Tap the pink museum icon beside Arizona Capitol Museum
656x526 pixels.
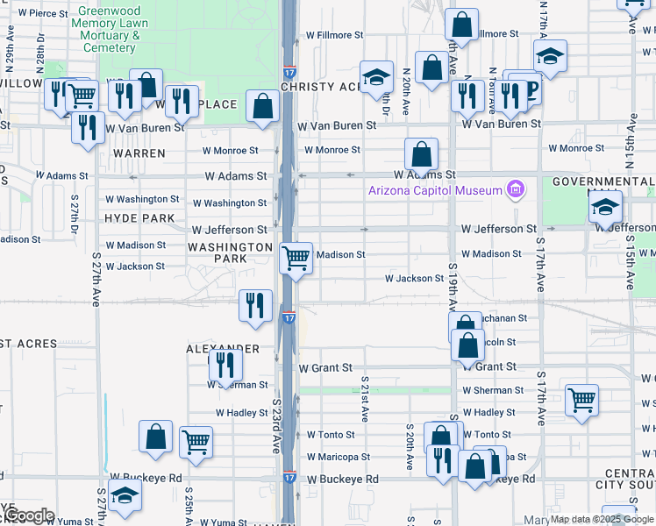pyautogui.click(x=516, y=190)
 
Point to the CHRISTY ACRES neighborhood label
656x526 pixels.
pyautogui.click(x=321, y=87)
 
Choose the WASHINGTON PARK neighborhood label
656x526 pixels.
pyautogui.click(x=230, y=253)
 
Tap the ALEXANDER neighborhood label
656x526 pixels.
pyautogui.click(x=223, y=349)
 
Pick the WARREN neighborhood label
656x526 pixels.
pyautogui.click(x=139, y=153)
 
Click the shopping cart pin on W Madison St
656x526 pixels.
pyautogui.click(x=296, y=258)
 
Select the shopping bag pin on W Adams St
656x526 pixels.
pyautogui.click(x=422, y=154)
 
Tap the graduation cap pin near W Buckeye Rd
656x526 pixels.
pyautogui.click(x=125, y=495)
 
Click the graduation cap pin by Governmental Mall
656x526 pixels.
pyautogui.click(x=605, y=207)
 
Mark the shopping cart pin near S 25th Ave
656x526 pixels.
pyautogui.click(x=196, y=442)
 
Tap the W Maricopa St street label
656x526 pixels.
pyautogui.click(x=338, y=457)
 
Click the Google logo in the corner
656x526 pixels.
pyautogui.click(x=29, y=515)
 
